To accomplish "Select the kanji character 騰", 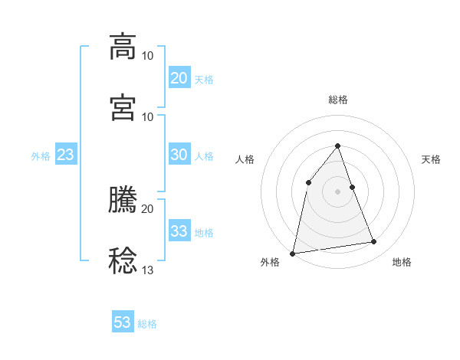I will tap(123, 199).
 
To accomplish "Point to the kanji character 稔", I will tap(123, 260).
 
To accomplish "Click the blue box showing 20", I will tap(179, 78).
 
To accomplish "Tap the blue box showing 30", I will tap(179, 155).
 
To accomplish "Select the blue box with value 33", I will tap(179, 231).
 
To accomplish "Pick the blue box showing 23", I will tap(66, 155).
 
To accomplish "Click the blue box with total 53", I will tap(123, 322).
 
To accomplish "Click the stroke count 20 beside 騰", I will tap(147, 208).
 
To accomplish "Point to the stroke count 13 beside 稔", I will tap(147, 270).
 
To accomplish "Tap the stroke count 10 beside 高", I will tap(147, 55).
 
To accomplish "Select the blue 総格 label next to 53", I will tap(147, 324).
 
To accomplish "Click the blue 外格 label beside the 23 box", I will tap(41, 156).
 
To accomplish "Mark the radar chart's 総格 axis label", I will tap(338, 100).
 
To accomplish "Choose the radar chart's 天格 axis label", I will tap(432, 159).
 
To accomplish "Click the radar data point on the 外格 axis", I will tap(293, 253).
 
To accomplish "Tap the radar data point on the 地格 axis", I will tap(374, 242).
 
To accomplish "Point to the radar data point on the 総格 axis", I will tap(338, 146).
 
